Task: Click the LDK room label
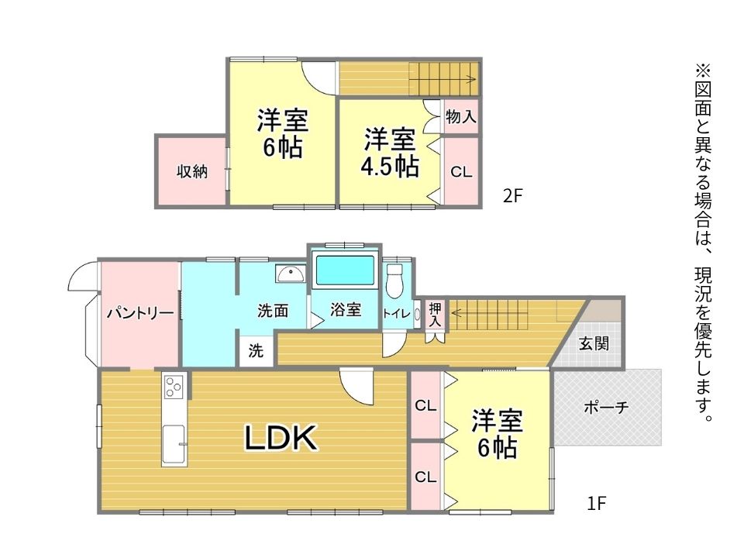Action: [281, 437]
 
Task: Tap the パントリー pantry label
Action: [140, 313]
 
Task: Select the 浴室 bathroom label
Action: [346, 309]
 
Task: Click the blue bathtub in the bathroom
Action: [345, 270]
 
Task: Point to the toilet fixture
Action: [394, 280]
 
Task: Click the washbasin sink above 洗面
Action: [291, 274]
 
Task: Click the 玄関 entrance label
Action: [594, 343]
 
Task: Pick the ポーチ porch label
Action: [606, 407]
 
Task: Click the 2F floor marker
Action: [512, 195]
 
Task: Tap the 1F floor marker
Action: [597, 503]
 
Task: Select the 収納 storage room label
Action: [192, 171]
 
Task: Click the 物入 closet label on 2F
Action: [460, 116]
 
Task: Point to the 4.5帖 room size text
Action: [390, 166]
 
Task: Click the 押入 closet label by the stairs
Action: [435, 315]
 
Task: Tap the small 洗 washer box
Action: [256, 351]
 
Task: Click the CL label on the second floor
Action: [461, 172]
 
